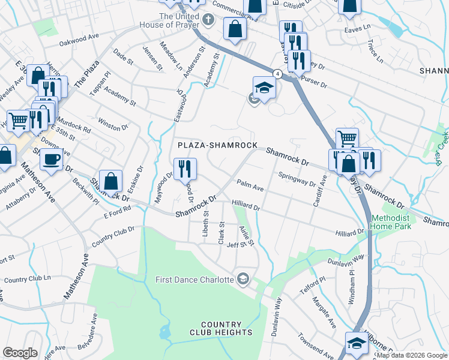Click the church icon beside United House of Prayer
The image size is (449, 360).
208,20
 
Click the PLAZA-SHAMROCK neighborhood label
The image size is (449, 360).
217,146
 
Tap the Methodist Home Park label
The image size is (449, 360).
393,223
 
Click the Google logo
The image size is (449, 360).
20,353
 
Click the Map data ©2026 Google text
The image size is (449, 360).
412,355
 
